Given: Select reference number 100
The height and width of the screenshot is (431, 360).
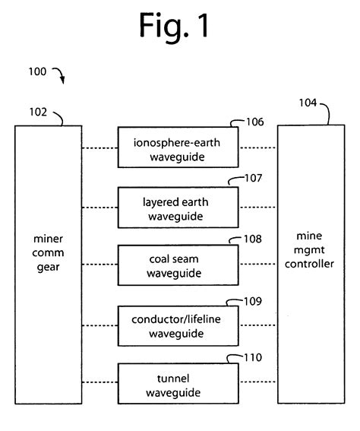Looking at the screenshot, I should point(37,72).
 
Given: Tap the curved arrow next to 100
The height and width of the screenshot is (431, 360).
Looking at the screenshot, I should point(59,74).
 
